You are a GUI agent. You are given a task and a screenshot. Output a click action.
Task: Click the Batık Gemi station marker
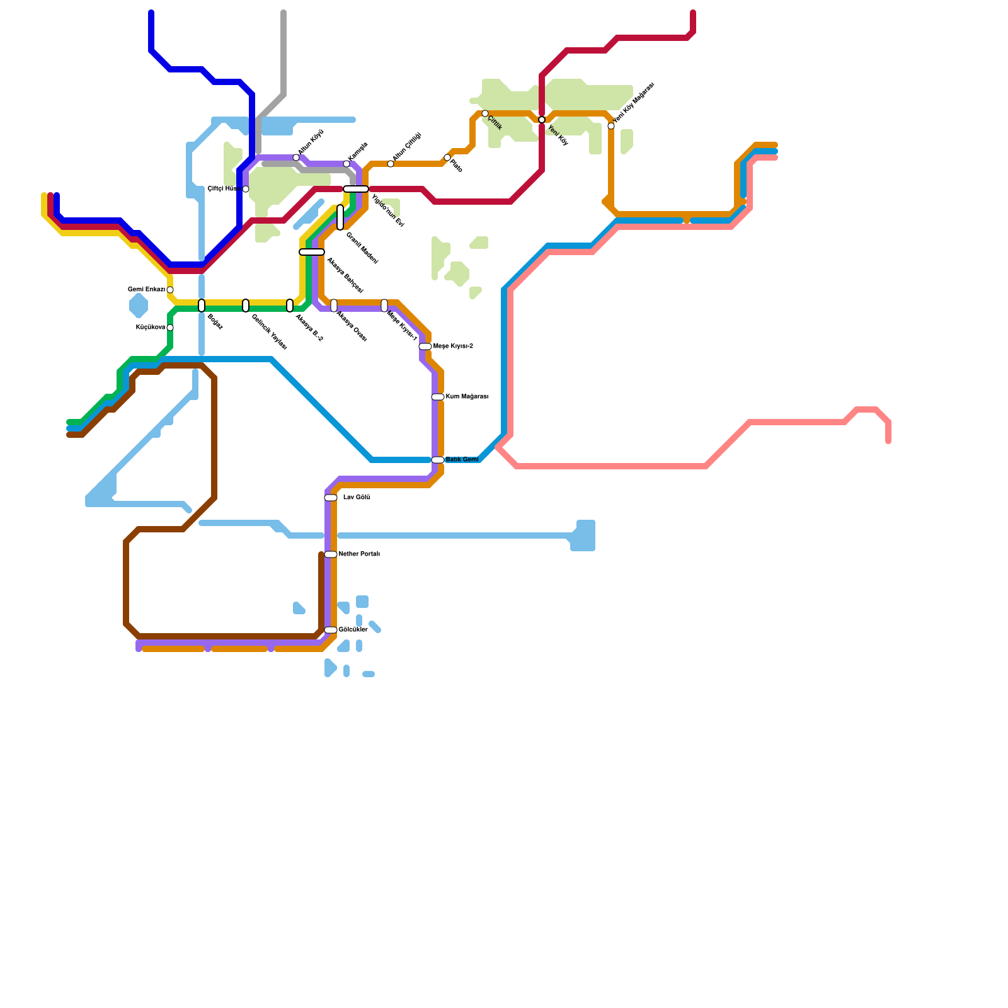tap(438, 460)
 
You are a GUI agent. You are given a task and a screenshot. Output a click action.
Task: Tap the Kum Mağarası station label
tap(467, 397)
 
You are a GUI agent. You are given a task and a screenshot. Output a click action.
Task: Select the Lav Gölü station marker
tap(331, 498)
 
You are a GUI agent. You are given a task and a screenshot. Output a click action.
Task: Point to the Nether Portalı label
tap(359, 554)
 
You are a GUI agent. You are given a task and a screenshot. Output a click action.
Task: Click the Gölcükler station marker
tap(331, 630)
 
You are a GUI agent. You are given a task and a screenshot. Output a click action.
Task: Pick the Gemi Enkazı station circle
tap(170, 290)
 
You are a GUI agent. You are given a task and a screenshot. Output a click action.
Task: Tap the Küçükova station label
tap(151, 328)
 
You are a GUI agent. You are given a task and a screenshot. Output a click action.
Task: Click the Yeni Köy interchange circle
tap(542, 120)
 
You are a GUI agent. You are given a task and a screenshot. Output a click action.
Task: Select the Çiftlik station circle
tap(485, 113)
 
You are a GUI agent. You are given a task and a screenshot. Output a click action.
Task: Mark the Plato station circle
tap(447, 157)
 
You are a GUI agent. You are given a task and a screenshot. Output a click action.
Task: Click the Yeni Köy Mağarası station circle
tap(611, 126)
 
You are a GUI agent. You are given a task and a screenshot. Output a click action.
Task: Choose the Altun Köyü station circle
tap(296, 157)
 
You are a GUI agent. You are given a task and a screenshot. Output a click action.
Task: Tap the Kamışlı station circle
tap(346, 164)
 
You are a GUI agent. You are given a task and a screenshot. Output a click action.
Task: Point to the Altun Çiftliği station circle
tap(391, 164)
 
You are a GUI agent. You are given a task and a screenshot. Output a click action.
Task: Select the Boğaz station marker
tap(202, 306)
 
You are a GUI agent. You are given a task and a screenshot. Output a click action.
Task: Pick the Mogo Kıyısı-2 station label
tap(453, 346)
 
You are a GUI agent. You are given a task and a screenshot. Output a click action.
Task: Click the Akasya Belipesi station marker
tap(312, 252)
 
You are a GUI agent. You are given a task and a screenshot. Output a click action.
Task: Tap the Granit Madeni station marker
tap(340, 217)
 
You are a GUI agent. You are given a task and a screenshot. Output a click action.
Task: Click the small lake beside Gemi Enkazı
tap(139, 306)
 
